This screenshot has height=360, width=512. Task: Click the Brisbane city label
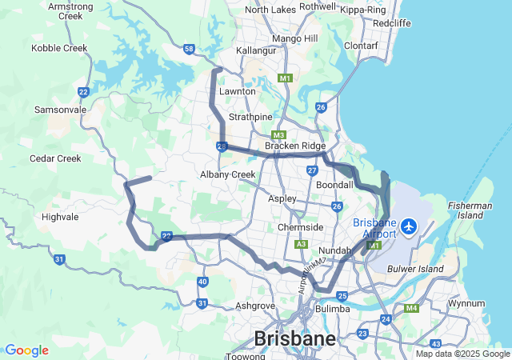point(294,339)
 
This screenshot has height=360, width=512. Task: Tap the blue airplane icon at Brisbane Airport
point(409,226)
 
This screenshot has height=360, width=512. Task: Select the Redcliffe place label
point(392,23)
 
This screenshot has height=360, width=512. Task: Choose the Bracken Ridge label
point(295,146)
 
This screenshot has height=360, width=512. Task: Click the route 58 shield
point(189,49)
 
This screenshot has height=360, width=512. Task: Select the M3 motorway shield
point(278,135)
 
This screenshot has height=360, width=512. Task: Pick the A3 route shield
point(301,244)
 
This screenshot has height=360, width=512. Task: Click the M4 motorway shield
point(411,308)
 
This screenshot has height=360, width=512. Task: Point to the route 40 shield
point(202,282)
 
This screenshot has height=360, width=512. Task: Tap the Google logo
point(26,350)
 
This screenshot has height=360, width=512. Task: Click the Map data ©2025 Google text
point(462,354)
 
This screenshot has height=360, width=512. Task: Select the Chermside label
point(300,227)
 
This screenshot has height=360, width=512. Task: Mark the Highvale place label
point(61,217)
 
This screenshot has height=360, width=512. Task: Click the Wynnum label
point(466,304)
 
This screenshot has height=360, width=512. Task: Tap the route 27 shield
point(312,170)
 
